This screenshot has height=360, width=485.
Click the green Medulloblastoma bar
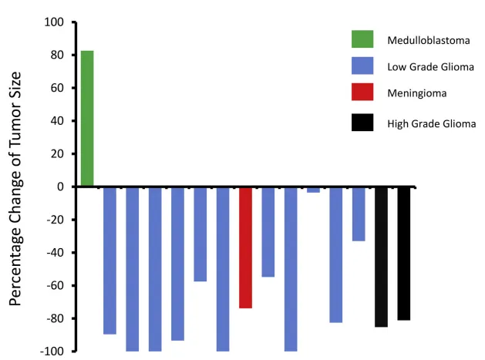[x=87, y=118]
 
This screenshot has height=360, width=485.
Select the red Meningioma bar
[x=245, y=247]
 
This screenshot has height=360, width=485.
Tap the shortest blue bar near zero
[x=313, y=190]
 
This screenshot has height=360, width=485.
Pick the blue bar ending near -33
[x=359, y=214]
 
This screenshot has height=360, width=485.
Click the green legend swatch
[x=362, y=39]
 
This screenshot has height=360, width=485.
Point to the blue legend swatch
[x=362, y=66]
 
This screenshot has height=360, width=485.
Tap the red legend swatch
[x=362, y=93]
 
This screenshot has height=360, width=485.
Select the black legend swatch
[x=362, y=122]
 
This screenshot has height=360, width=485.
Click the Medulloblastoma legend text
[x=429, y=39]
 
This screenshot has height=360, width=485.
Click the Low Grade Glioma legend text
[x=430, y=66]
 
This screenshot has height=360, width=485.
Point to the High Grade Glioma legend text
[x=431, y=123]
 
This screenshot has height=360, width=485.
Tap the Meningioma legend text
[x=417, y=93]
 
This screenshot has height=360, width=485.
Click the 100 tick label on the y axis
[x=53, y=22]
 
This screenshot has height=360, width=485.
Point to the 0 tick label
[x=60, y=187]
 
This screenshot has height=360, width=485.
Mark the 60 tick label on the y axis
[x=56, y=88]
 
